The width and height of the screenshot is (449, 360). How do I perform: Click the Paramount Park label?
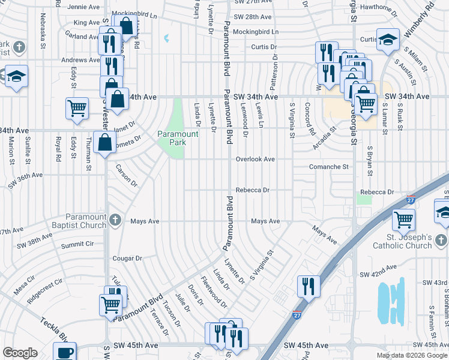pos(178,139)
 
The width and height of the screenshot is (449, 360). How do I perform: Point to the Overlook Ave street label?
pos(255,159)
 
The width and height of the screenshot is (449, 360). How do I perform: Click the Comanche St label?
pos(329,166)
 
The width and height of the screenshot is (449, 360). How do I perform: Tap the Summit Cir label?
pos(81,244)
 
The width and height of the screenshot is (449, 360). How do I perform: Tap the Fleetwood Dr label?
pos(214,292)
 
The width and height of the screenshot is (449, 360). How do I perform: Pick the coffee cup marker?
pos(64,351)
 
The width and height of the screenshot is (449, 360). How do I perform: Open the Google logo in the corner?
pos(20,353)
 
